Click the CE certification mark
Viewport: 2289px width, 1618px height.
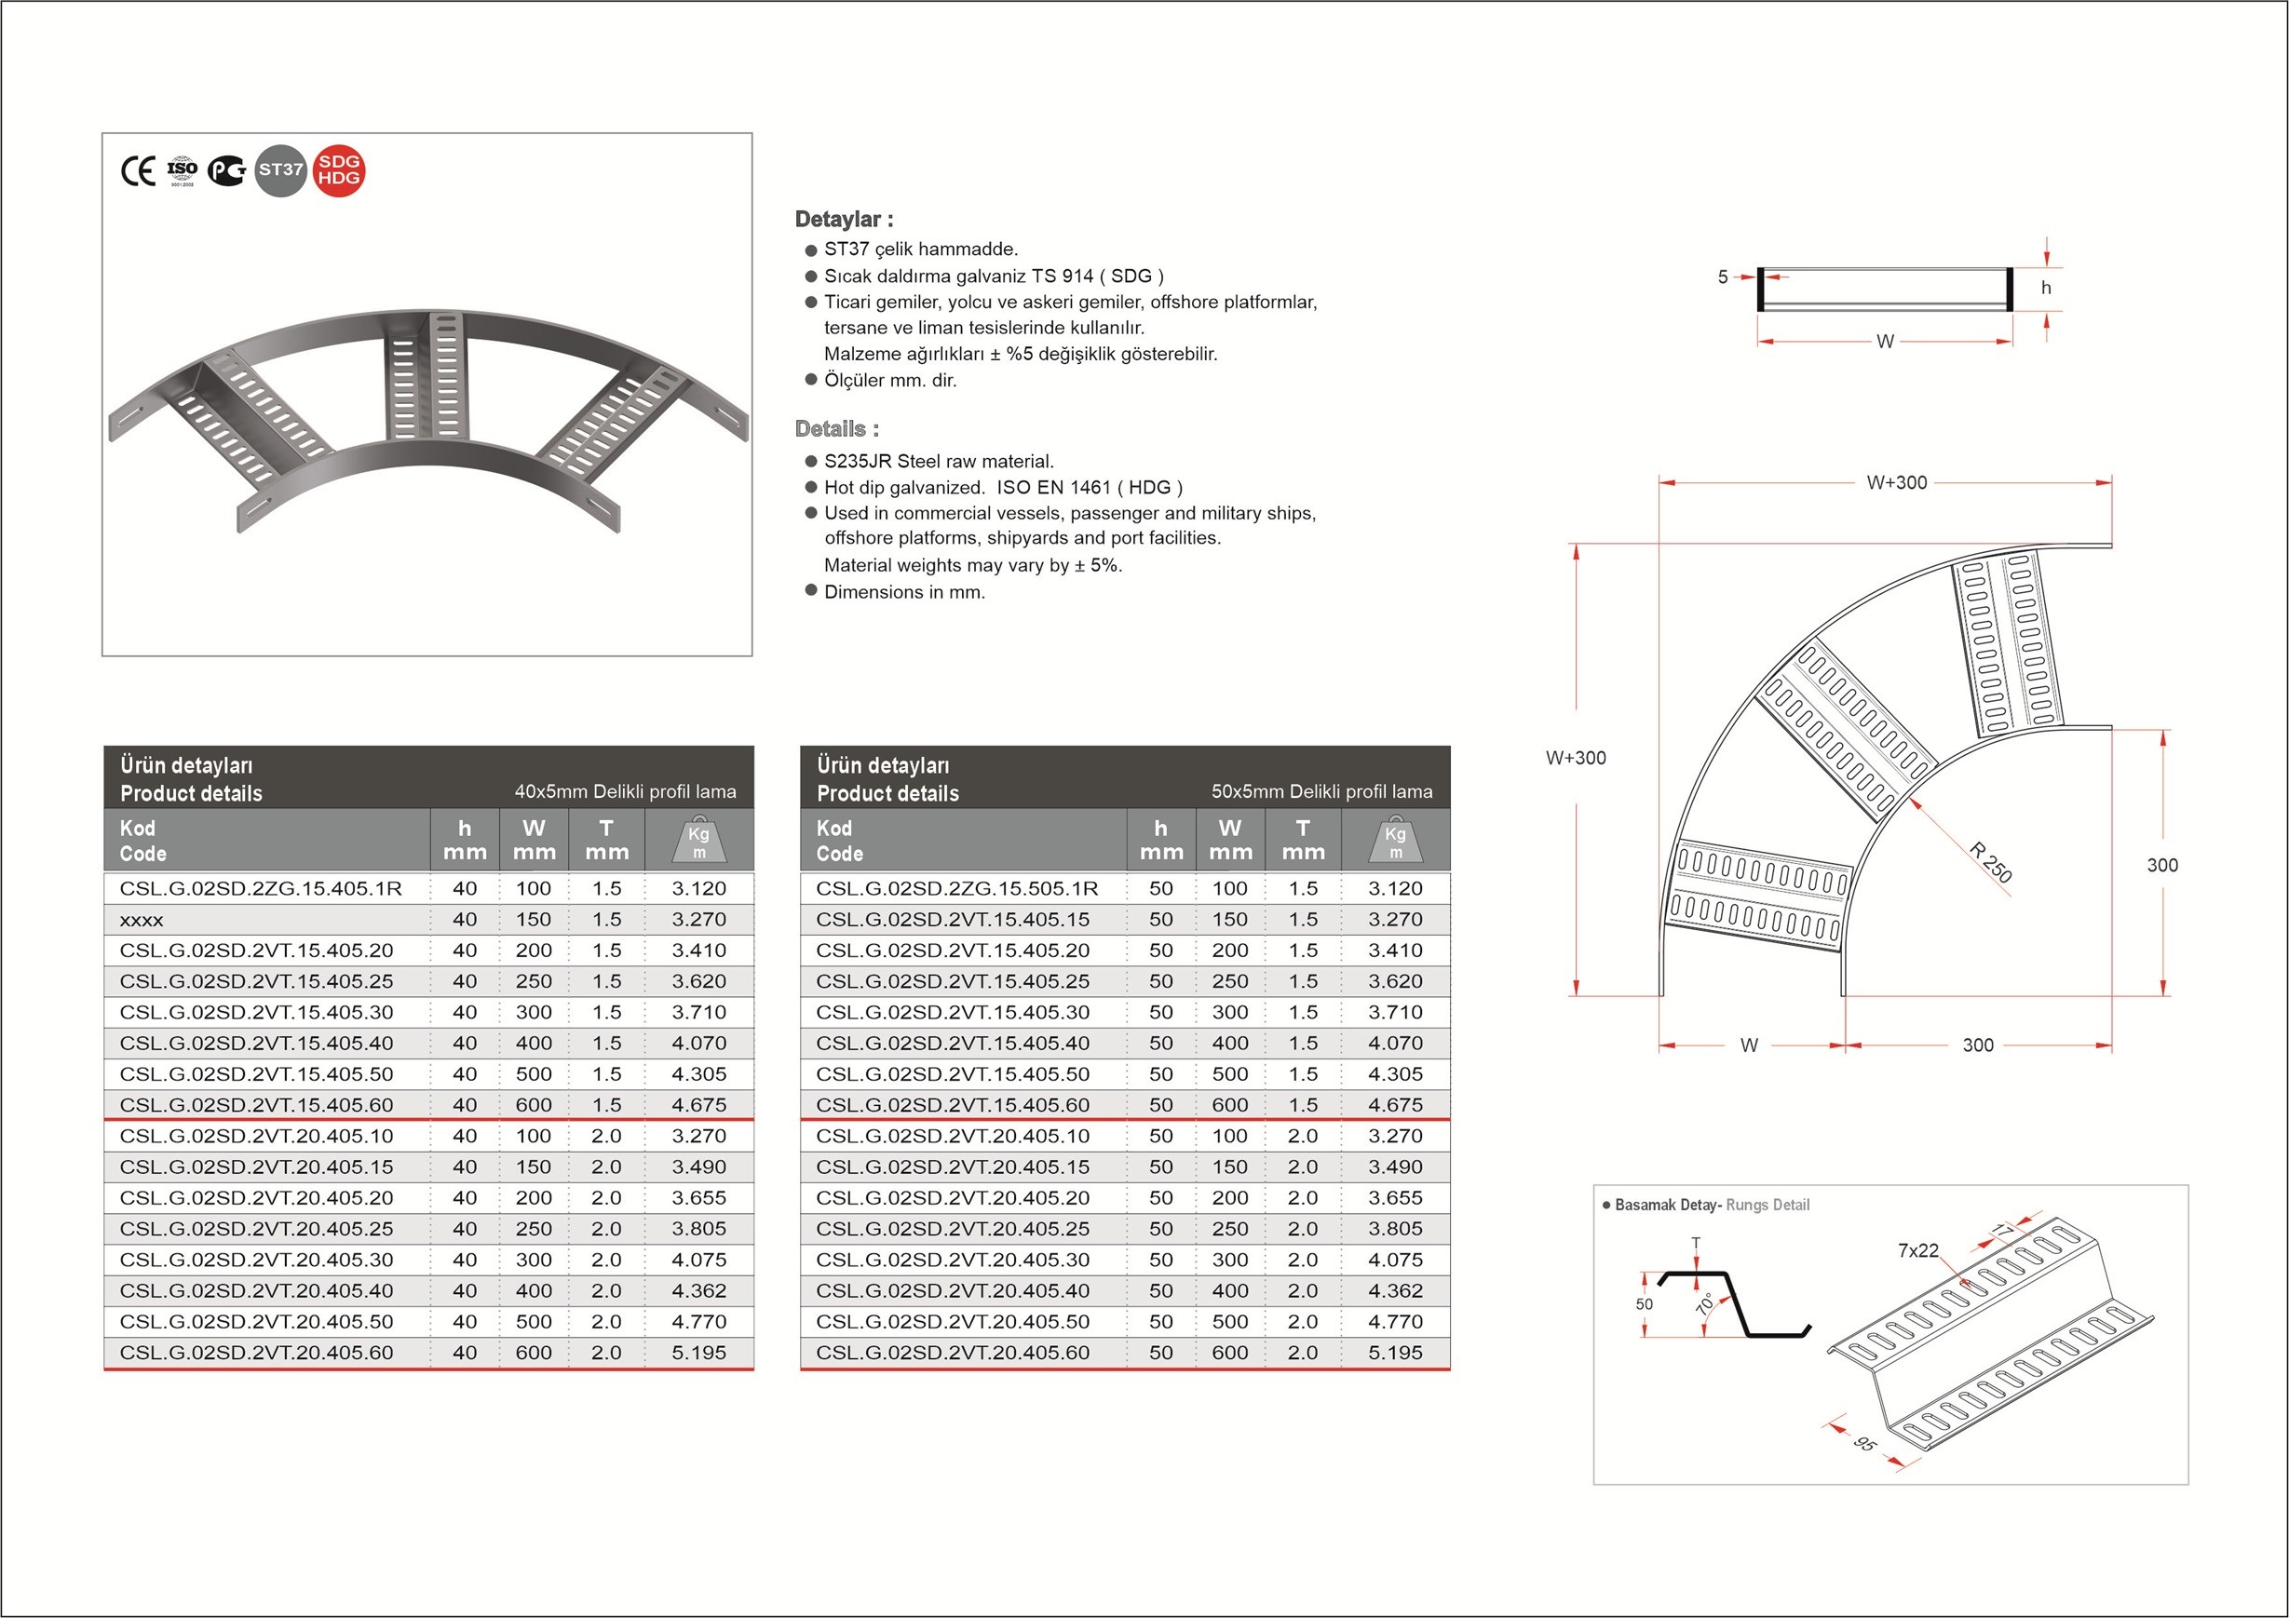138,171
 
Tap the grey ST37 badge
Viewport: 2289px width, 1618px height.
280,170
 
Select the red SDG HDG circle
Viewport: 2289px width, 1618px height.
339,170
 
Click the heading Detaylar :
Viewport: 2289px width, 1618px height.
844,220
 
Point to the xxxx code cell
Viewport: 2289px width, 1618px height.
142,920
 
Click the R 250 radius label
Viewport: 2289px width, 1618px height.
1991,862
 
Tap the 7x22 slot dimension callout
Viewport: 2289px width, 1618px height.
1917,1250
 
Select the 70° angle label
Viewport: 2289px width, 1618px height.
1706,1303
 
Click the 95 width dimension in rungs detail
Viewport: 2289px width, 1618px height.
1864,1444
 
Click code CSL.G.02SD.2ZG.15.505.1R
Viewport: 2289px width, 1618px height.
956,888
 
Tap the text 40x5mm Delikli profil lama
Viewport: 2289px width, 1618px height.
625,791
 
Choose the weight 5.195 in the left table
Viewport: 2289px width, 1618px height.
698,1353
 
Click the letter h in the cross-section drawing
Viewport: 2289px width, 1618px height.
2046,288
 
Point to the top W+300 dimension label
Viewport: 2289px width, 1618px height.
1896,482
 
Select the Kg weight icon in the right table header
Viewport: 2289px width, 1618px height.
1395,841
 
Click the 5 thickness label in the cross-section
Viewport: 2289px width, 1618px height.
1722,277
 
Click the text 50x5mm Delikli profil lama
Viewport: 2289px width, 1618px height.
1321,791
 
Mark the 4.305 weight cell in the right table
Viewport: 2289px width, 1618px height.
1395,1074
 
